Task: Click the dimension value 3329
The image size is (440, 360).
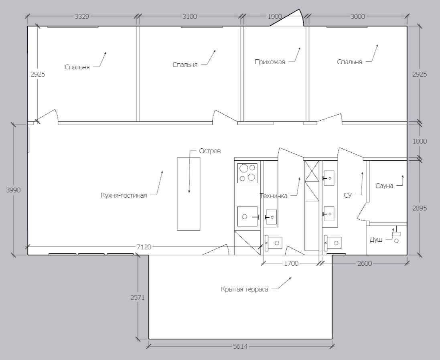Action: [x=82, y=16]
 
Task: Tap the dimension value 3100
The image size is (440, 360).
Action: [x=190, y=16]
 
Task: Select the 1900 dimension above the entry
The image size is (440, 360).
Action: [x=275, y=16]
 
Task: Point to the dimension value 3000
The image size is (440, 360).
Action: [x=358, y=16]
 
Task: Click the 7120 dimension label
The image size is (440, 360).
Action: [x=144, y=247]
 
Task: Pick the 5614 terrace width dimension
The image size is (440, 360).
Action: [x=240, y=346]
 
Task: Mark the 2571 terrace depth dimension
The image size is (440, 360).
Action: [x=138, y=297]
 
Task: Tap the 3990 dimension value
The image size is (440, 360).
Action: [x=13, y=190]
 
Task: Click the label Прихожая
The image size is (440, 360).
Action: [x=270, y=62]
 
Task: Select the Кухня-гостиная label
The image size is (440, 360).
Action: [x=124, y=195]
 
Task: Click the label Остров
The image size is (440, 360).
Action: [x=210, y=151]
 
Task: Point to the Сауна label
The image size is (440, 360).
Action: [x=384, y=186]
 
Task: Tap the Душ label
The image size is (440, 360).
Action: [x=376, y=240]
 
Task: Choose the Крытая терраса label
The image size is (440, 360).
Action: [x=244, y=289]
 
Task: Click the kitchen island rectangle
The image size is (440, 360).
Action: [x=189, y=194]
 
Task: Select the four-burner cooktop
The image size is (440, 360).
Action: [x=247, y=173]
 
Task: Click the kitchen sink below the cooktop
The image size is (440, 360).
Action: [x=247, y=216]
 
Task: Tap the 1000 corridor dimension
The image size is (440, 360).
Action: [x=420, y=141]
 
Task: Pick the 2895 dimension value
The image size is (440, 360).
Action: [x=420, y=208]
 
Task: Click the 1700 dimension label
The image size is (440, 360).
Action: [x=291, y=263]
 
